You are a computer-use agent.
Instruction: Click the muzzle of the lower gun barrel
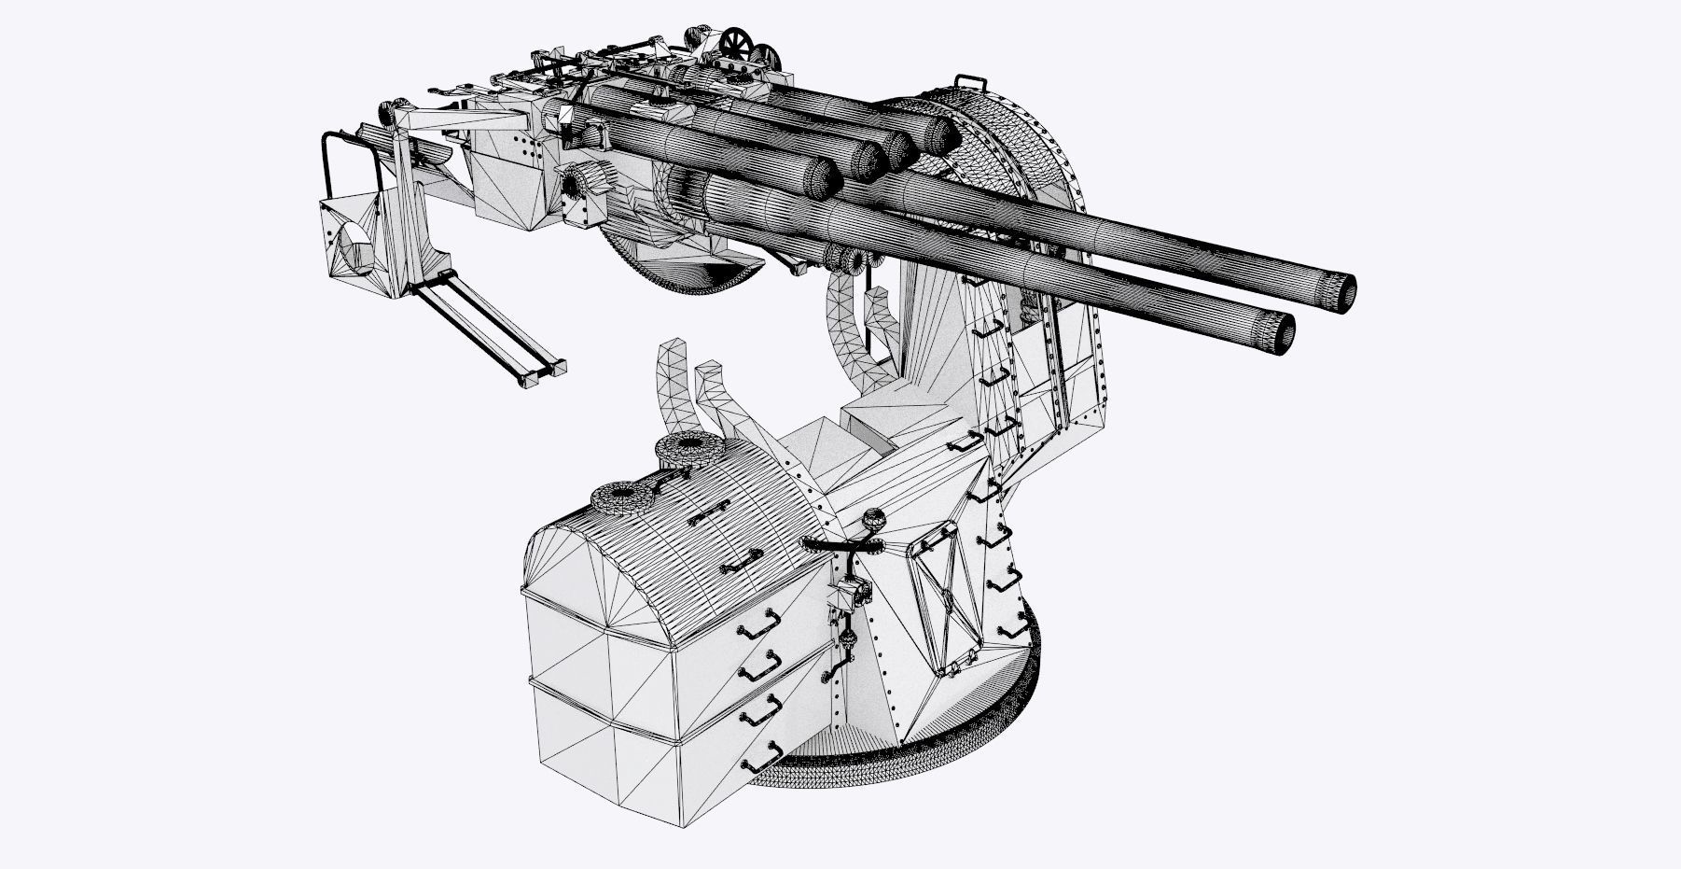pos(1284,331)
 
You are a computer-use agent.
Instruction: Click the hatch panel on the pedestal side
pos(942,597)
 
